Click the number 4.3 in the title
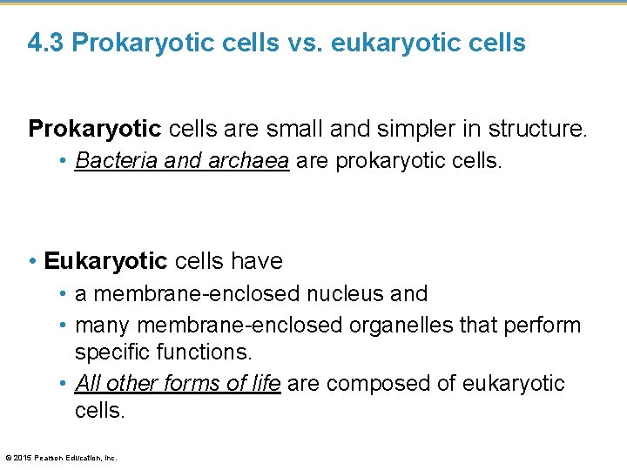46,43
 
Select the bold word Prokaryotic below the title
95,130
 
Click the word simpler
415,130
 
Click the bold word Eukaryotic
105,260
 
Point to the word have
258,260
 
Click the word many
104,325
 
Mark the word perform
545,325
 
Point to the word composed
381,383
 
